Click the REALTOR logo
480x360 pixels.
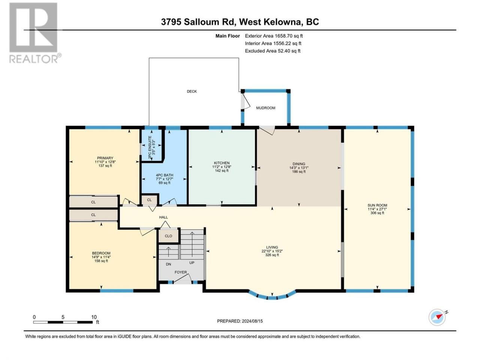pyautogui.click(x=35, y=33)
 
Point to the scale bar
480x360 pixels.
pyautogui.click(x=63, y=322)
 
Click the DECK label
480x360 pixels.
pyautogui.click(x=192, y=91)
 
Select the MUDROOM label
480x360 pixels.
pyautogui.click(x=266, y=108)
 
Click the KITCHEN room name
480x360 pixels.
pyautogui.click(x=222, y=163)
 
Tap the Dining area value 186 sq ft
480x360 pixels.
pyautogui.click(x=299, y=172)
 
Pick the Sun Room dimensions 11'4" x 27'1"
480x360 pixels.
pyautogui.click(x=378, y=209)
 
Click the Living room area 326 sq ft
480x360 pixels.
pyautogui.click(x=272, y=255)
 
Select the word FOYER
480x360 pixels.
pyautogui.click(x=181, y=272)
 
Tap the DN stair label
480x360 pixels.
pyautogui.click(x=168, y=264)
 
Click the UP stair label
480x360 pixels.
pyautogui.click(x=192, y=262)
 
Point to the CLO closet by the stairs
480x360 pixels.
pyautogui.click(x=168, y=236)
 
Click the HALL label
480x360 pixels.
pyautogui.click(x=163, y=217)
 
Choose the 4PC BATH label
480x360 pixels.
pyautogui.click(x=165, y=175)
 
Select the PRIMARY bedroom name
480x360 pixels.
pyautogui.click(x=105, y=158)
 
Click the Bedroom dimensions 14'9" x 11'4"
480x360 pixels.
pyautogui.click(x=101, y=257)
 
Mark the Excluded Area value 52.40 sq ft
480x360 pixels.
pyautogui.click(x=287, y=51)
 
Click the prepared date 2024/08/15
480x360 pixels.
pyautogui.click(x=252, y=321)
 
